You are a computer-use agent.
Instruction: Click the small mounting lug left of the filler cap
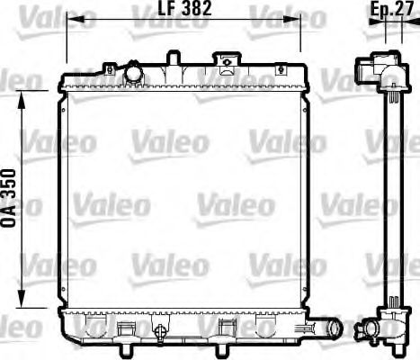(x=108, y=68)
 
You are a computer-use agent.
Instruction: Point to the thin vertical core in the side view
(x=392, y=198)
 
